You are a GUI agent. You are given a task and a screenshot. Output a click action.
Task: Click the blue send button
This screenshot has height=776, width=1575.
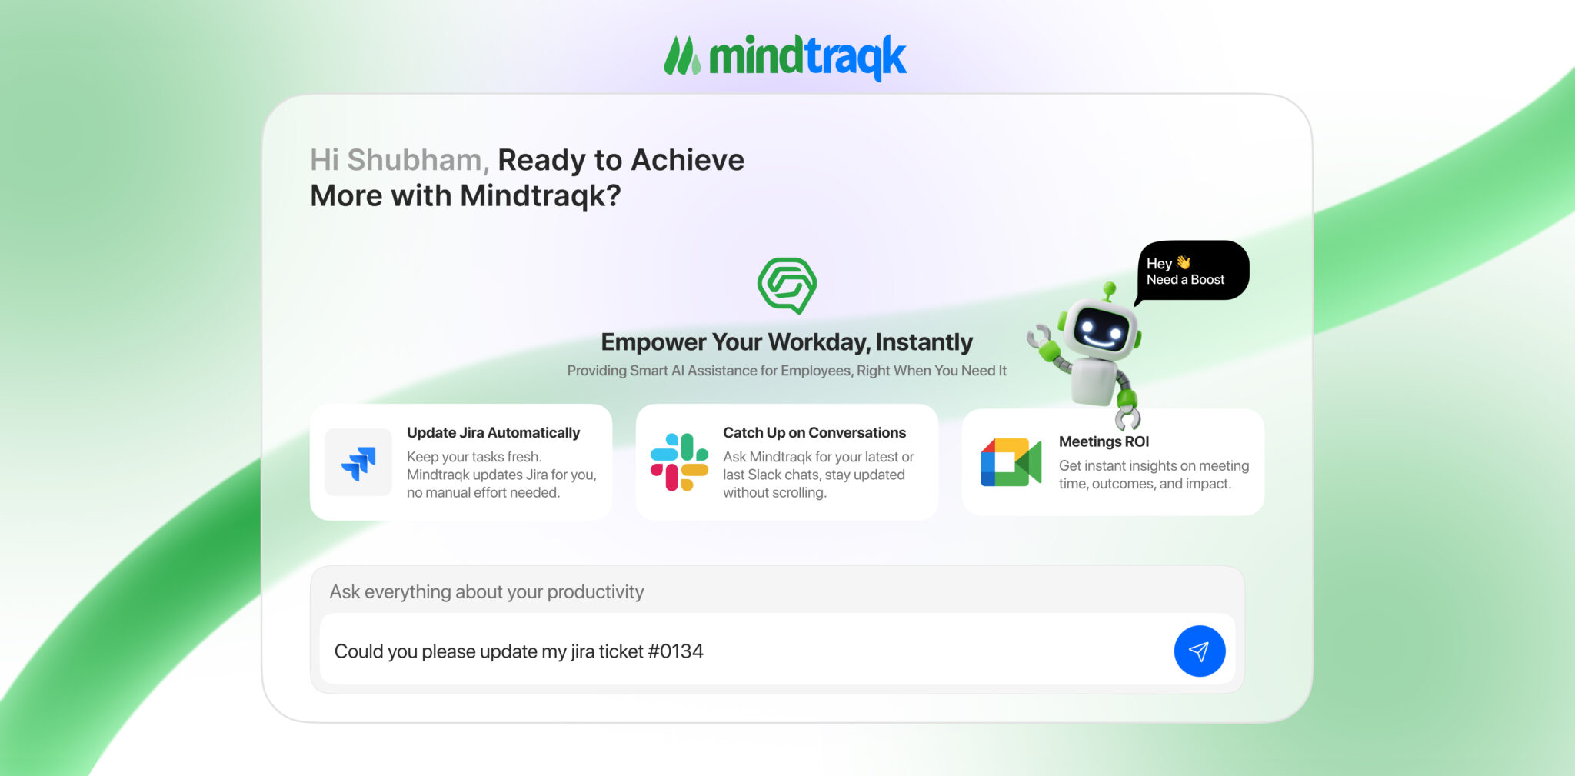point(1199,651)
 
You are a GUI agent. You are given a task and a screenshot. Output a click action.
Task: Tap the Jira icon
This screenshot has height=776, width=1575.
point(358,462)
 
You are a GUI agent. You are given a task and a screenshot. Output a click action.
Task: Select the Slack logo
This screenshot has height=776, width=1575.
point(679,462)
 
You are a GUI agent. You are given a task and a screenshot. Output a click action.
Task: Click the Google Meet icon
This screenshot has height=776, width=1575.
point(1011,462)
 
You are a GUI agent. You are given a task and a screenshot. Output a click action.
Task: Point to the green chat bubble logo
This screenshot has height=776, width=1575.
point(787,285)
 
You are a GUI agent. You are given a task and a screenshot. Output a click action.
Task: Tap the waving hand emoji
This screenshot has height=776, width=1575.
point(1184,262)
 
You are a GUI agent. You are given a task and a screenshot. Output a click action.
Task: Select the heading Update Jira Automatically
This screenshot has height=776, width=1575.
point(493,432)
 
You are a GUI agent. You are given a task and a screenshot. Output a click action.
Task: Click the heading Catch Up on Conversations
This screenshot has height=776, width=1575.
point(814,432)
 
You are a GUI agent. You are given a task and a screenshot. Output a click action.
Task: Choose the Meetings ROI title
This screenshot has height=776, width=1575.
point(1104,441)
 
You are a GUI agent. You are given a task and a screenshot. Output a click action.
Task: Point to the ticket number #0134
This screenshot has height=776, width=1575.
point(675,651)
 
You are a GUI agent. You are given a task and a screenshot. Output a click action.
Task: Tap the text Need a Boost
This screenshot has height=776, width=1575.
point(1185,280)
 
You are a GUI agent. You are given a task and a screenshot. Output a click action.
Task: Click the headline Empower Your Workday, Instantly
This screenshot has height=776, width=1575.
point(787,342)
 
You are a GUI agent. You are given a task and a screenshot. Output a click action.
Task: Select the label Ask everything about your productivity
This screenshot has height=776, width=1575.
point(487,592)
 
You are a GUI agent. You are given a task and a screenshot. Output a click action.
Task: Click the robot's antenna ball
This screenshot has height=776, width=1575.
point(1109,288)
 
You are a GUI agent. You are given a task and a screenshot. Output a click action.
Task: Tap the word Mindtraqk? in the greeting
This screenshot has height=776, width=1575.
point(540,195)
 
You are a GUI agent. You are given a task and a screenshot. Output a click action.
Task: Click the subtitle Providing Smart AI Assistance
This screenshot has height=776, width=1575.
point(787,371)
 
